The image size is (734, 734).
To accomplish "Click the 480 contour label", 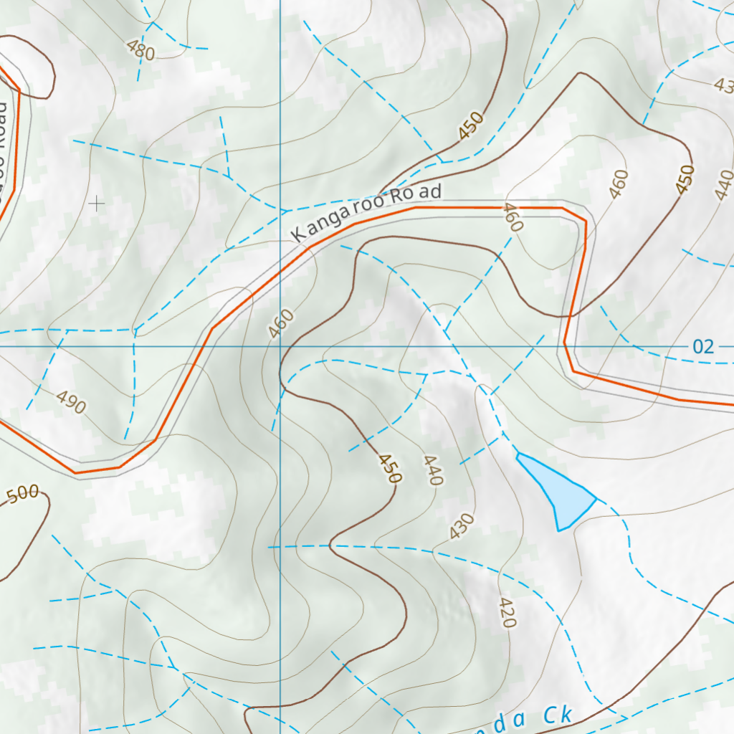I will point(140,50).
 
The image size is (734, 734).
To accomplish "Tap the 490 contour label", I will point(71,404).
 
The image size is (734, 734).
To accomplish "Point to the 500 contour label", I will point(22,494).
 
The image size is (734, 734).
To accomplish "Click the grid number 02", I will point(703,348).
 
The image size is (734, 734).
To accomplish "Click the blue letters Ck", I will point(557,716).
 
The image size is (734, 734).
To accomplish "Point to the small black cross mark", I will point(96,204).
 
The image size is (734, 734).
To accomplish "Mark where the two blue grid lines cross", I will point(280,346).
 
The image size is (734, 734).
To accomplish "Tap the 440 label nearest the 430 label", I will point(433,470).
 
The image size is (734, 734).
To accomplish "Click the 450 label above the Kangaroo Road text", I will point(471,126).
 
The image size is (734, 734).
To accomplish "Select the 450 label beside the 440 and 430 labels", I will point(390,468).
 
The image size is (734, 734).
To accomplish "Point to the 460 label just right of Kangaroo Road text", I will point(513,217).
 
